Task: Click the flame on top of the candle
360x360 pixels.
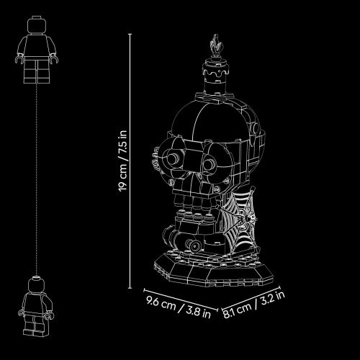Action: click(216, 45)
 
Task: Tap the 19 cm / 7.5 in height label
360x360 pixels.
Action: click(122, 161)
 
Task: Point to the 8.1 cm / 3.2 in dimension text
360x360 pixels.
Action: click(254, 305)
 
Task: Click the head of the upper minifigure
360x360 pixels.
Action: click(36, 24)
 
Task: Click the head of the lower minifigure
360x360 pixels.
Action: click(36, 284)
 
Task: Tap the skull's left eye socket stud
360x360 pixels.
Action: click(174, 158)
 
